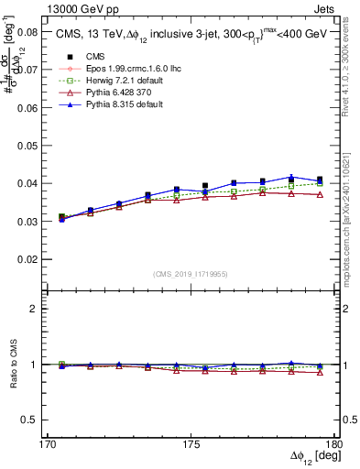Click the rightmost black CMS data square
coord(320,180)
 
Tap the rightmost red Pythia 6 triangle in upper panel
coord(320,194)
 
